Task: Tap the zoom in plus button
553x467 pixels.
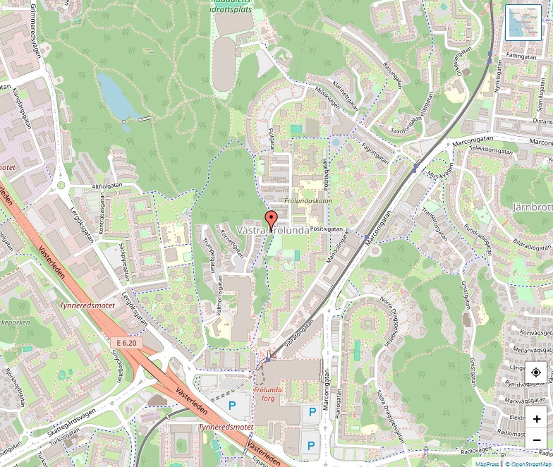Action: pyautogui.click(x=536, y=418)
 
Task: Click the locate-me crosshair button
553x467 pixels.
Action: pyautogui.click(x=536, y=372)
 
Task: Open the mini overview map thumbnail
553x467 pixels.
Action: pyautogui.click(x=523, y=22)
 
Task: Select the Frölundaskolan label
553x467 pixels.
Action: pyautogui.click(x=308, y=201)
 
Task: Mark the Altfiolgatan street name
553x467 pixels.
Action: pyautogui.click(x=107, y=186)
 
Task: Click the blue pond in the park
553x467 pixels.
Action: pyautogui.click(x=118, y=95)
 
